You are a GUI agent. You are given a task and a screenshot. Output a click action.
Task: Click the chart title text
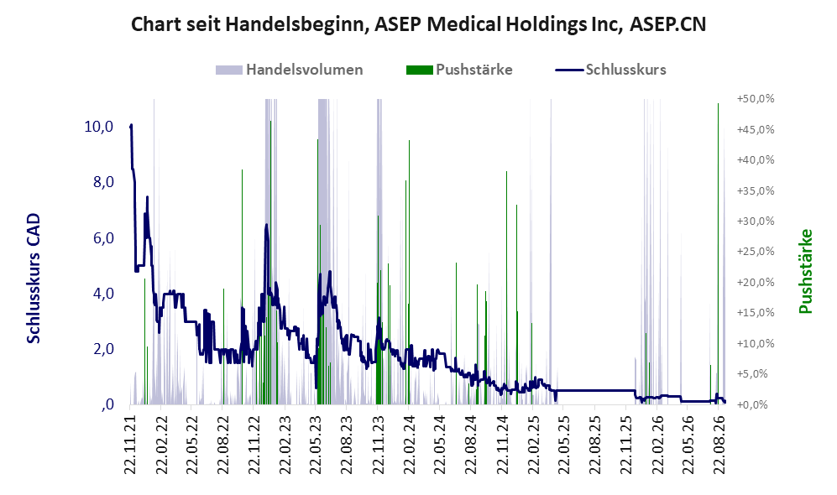(x=418, y=24)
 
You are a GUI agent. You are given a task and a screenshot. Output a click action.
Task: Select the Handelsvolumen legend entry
(x=290, y=70)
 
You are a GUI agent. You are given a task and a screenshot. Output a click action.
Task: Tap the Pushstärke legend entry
(x=459, y=70)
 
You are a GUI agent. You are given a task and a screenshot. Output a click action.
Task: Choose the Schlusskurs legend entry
(x=610, y=70)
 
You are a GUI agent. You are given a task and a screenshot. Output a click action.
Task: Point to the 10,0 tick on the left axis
(x=99, y=127)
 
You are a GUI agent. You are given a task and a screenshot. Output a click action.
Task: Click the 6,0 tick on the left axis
(x=103, y=238)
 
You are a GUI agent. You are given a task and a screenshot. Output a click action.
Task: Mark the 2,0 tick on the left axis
(x=103, y=349)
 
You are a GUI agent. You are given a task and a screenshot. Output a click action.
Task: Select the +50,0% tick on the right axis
(x=756, y=99)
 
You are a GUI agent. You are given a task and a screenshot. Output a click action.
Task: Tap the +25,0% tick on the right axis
(x=756, y=252)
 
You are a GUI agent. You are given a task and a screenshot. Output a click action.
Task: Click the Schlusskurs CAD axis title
(x=34, y=278)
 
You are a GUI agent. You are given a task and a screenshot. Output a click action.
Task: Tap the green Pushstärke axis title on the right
(x=805, y=271)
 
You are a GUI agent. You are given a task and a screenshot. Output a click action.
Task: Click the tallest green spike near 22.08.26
(x=718, y=253)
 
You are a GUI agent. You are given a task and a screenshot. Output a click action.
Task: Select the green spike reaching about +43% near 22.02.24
(x=410, y=272)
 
